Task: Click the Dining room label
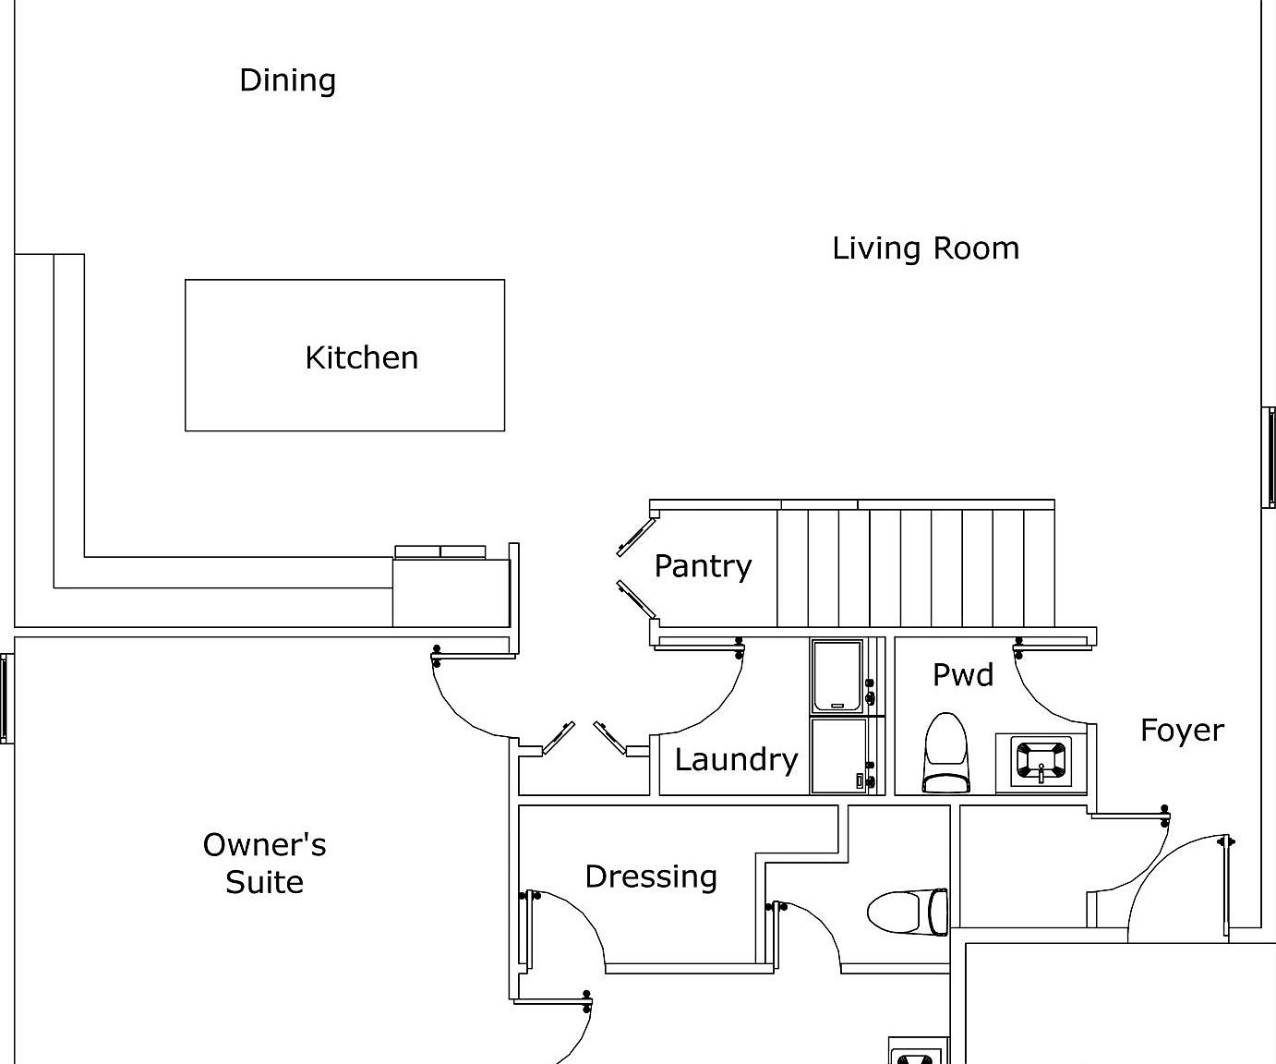point(287,80)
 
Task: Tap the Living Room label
point(925,248)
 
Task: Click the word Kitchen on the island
point(361,357)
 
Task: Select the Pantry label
point(703,565)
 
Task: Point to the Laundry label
point(736,759)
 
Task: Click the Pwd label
point(962,674)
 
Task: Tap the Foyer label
point(1181,731)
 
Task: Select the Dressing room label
point(651,876)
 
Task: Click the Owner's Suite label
point(264,863)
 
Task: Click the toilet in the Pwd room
point(946,753)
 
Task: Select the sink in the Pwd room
point(1041,760)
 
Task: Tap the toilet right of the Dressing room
point(909,912)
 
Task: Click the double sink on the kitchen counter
point(440,551)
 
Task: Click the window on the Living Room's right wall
point(1269,457)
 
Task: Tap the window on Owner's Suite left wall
point(7,698)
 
